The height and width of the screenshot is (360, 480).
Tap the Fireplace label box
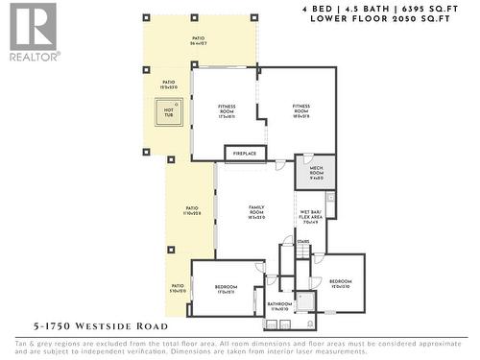point(245,153)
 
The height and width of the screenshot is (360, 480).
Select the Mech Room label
point(316,174)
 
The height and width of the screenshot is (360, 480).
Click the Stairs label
point(303,242)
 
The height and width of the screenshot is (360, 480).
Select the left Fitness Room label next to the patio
point(227,108)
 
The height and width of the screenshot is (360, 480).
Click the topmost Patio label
point(198,39)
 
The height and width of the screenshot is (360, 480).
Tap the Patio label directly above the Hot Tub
point(168,84)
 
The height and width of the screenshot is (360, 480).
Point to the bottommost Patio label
point(178,287)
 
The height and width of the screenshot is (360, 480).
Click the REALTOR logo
point(31,32)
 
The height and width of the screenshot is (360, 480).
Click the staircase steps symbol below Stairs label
point(303,253)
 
